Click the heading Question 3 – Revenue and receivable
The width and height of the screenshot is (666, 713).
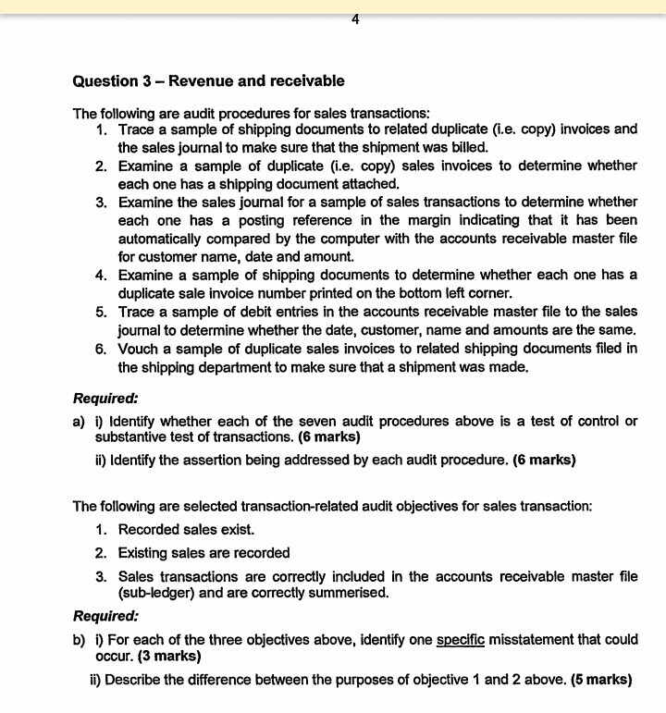208,81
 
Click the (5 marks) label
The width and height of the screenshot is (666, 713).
601,680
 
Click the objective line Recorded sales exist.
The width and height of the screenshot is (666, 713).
185,530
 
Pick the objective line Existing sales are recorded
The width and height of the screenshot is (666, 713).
203,553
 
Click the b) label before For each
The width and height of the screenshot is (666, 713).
80,640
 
